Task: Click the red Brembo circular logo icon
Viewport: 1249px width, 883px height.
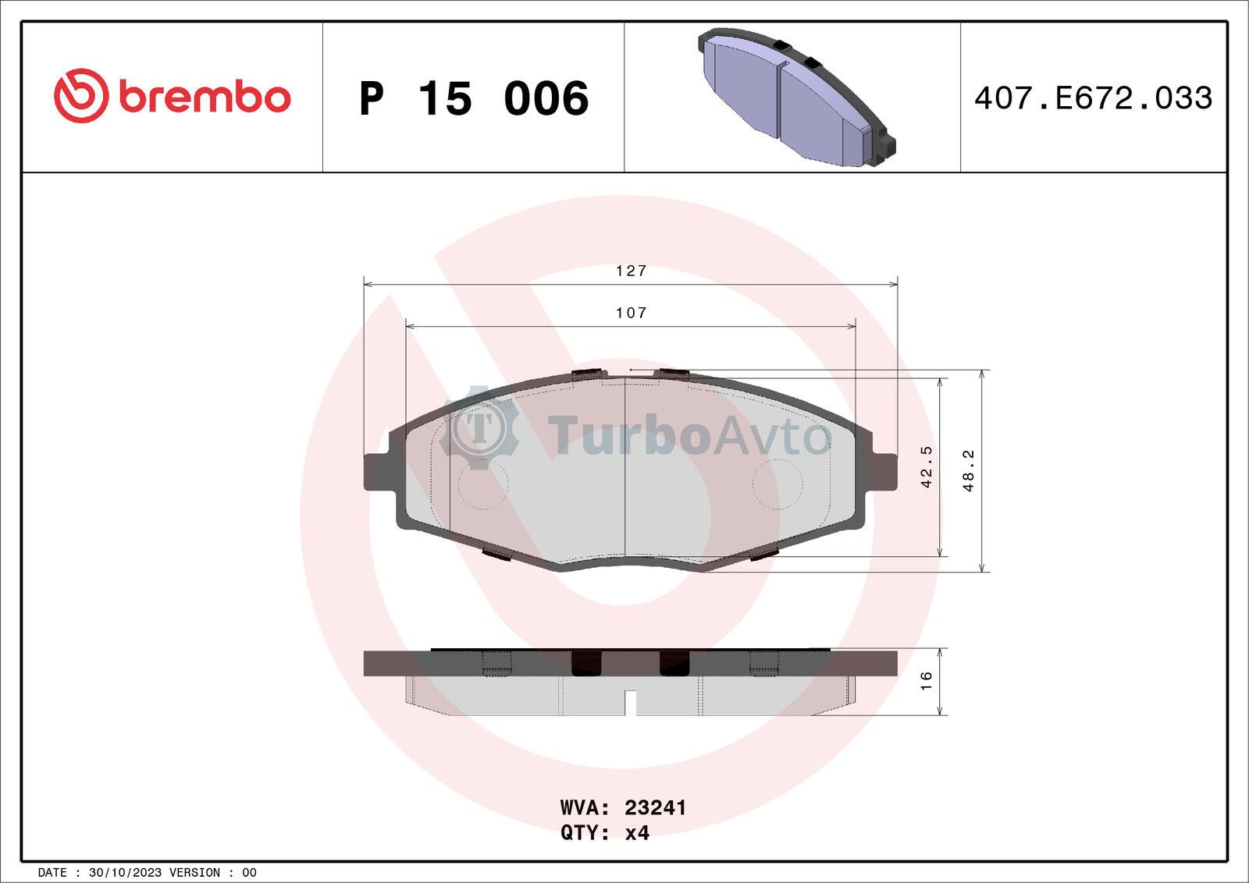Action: pyautogui.click(x=81, y=96)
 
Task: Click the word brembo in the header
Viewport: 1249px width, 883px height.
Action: pyautogui.click(x=205, y=98)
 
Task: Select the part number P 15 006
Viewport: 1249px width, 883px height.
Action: pyautogui.click(x=474, y=98)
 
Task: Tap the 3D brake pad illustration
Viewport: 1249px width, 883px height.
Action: pyautogui.click(x=797, y=97)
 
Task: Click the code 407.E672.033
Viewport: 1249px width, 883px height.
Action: pyautogui.click(x=1093, y=98)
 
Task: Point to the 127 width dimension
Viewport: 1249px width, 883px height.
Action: pyautogui.click(x=632, y=271)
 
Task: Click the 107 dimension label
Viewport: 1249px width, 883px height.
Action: pyautogui.click(x=632, y=313)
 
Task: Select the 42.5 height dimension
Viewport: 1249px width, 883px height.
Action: pyautogui.click(x=926, y=466)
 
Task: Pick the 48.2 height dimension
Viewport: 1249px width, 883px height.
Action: pyautogui.click(x=969, y=470)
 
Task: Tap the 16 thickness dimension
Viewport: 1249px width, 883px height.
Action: pyautogui.click(x=926, y=681)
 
